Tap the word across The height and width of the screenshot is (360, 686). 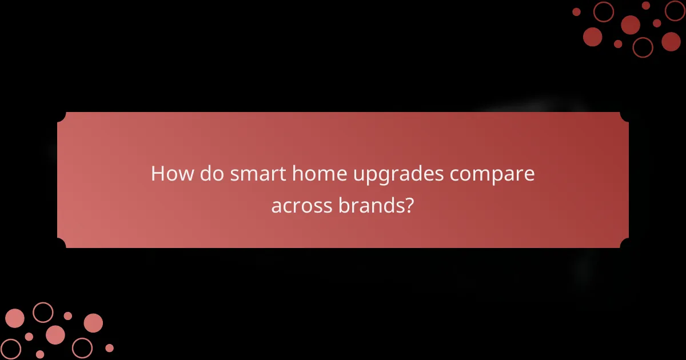300,206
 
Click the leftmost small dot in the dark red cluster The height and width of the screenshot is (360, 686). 576,12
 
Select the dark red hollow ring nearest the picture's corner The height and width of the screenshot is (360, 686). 675,11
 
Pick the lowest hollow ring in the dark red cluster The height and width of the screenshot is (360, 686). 643,47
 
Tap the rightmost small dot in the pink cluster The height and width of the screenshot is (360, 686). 109,348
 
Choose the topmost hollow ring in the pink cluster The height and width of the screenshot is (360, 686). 43,313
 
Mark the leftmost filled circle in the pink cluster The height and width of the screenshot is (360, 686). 14,318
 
